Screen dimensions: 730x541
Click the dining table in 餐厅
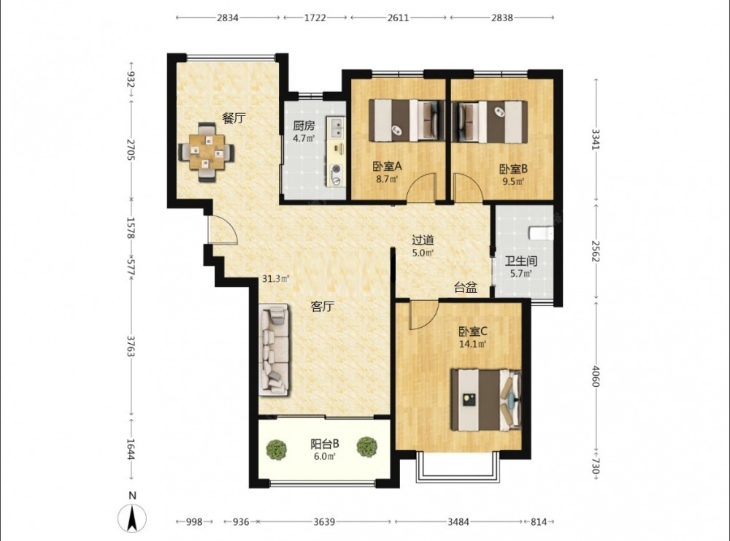tap(207, 152)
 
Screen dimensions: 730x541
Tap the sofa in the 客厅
tap(274, 350)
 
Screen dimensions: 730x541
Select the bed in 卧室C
tap(485, 400)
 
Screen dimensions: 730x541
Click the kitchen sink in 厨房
tap(335, 127)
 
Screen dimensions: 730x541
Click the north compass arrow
tap(132, 518)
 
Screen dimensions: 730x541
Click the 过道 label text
tap(423, 239)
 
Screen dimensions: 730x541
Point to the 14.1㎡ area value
tap(472, 345)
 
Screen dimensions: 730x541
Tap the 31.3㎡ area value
tap(276, 279)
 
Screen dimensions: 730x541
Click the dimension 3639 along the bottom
tap(324, 521)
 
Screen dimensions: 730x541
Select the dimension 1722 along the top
tap(315, 18)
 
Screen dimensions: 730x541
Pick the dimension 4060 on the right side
tap(596, 375)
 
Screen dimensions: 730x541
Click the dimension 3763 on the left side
tap(131, 346)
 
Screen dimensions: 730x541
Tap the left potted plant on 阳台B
tap(277, 448)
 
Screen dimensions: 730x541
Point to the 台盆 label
tap(466, 288)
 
